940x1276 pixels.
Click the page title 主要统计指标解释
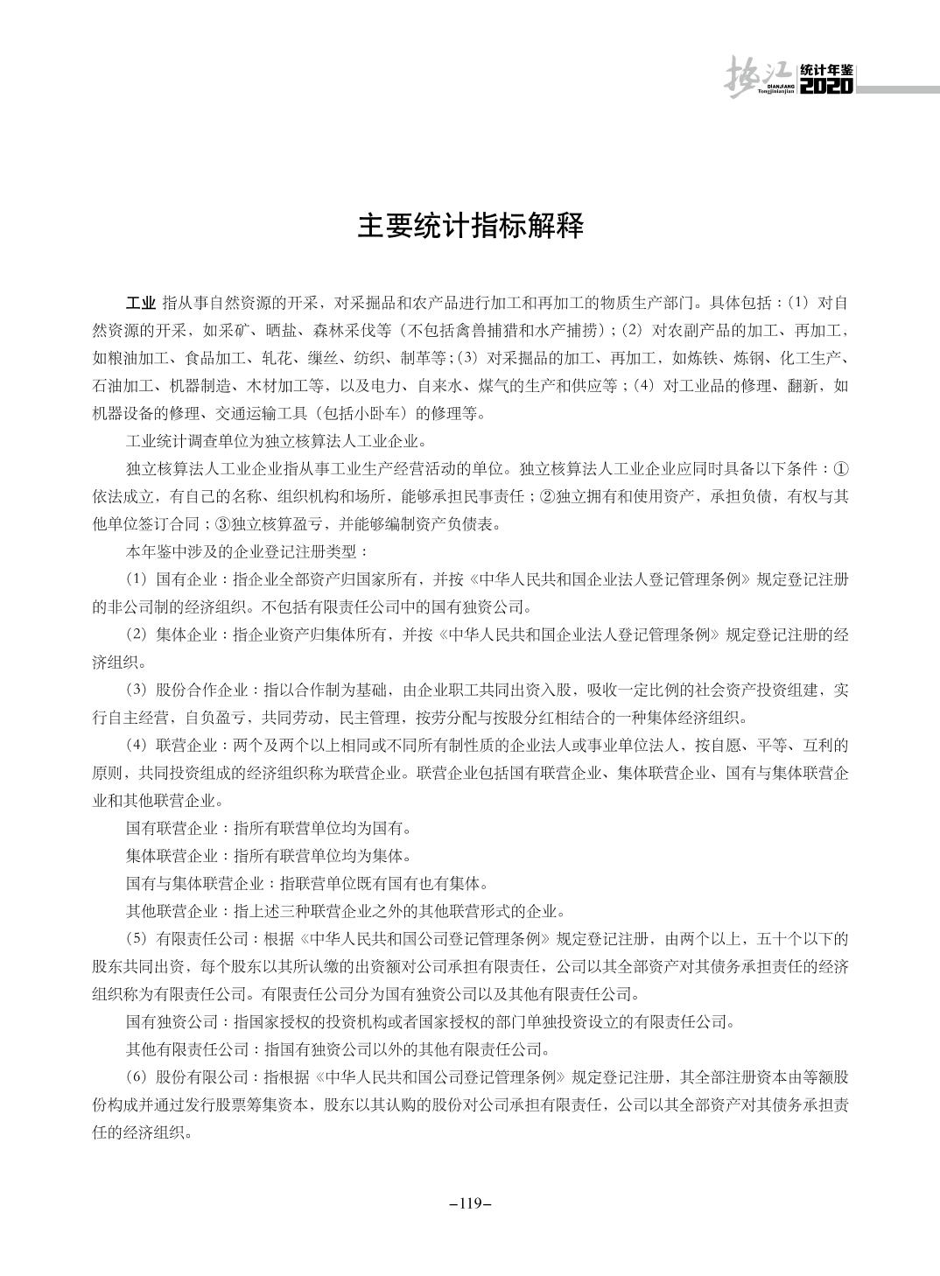(x=470, y=227)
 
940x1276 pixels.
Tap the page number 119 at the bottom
(x=470, y=1202)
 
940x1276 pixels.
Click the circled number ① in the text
(x=840, y=468)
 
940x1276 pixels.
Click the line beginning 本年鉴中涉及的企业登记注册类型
(x=248, y=551)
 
